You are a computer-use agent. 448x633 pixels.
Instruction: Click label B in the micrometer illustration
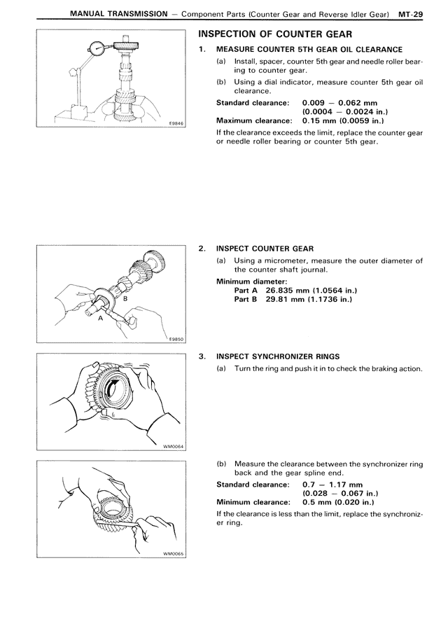point(125,299)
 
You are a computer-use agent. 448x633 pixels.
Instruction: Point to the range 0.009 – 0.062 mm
point(339,102)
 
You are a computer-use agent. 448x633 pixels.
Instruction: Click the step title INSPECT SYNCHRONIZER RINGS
point(278,356)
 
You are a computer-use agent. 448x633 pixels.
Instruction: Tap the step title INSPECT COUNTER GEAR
point(265,248)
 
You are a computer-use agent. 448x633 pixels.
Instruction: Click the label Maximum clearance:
point(253,120)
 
